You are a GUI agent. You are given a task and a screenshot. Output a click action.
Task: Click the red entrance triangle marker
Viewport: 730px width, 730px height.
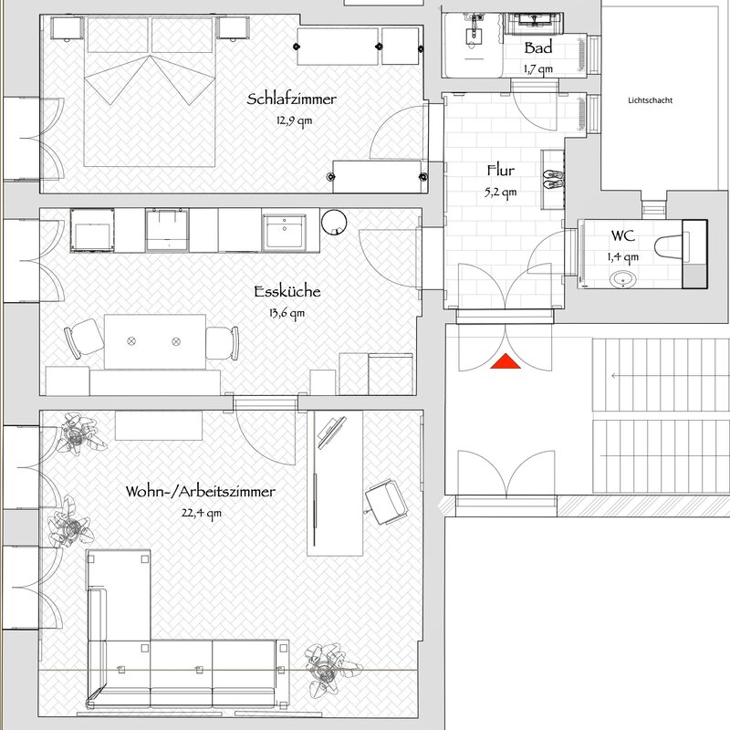click(506, 361)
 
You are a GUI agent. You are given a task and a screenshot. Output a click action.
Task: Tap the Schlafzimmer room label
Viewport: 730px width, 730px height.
click(291, 99)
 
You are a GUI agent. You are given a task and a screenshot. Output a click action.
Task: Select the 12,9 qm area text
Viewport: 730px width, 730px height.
click(294, 121)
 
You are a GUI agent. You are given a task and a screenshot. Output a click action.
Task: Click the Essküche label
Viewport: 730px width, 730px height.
click(287, 292)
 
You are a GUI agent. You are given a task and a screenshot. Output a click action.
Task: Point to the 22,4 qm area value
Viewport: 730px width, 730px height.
click(201, 514)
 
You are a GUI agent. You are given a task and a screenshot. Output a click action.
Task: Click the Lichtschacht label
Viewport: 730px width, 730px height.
click(650, 100)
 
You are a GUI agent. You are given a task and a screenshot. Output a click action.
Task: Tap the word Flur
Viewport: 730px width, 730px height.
click(501, 171)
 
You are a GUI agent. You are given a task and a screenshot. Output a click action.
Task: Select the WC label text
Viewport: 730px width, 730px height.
click(623, 235)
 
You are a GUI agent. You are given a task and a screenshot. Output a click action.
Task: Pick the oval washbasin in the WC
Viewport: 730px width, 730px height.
click(623, 279)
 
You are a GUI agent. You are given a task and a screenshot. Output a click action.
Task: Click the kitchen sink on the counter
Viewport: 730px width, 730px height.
click(284, 232)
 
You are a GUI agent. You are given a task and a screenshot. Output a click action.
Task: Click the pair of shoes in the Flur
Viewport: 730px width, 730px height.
click(554, 179)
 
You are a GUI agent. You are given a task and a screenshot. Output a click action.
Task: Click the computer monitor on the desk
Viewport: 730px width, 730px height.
click(331, 433)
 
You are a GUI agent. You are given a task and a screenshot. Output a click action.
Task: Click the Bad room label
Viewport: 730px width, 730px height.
click(538, 47)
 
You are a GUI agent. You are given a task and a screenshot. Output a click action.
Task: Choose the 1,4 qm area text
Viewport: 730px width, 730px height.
click(623, 257)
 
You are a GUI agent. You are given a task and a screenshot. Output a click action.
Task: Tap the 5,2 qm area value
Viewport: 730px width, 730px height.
click(500, 193)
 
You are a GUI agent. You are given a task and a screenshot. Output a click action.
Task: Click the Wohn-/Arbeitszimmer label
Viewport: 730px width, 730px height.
click(200, 492)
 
